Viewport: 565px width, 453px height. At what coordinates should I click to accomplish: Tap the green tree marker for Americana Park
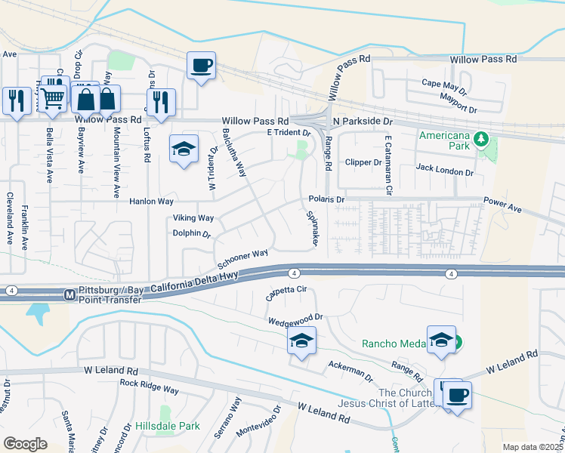pyautogui.click(x=480, y=139)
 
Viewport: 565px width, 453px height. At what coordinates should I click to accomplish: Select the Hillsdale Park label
pyautogui.click(x=168, y=426)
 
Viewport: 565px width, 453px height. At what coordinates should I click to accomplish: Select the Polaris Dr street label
pyautogui.click(x=326, y=199)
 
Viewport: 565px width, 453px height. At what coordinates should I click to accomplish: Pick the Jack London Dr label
pyautogui.click(x=444, y=172)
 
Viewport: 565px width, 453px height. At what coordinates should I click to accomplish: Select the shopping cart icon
pyautogui.click(x=52, y=97)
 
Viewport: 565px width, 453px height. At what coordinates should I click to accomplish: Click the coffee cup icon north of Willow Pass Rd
pyautogui.click(x=202, y=66)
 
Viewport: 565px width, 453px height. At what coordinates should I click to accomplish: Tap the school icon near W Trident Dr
pyautogui.click(x=182, y=149)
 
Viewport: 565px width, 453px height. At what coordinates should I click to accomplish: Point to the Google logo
pyautogui.click(x=25, y=444)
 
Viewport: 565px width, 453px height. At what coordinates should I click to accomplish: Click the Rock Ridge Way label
pyautogui.click(x=150, y=387)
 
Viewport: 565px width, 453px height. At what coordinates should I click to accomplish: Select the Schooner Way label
pyautogui.click(x=242, y=259)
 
